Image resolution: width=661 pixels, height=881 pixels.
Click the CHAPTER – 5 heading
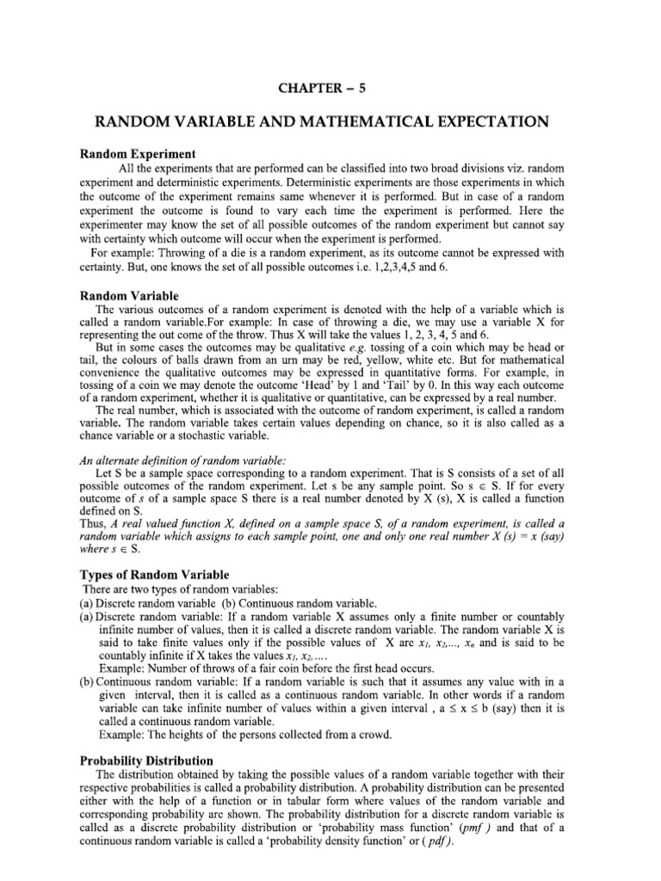[330, 83]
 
